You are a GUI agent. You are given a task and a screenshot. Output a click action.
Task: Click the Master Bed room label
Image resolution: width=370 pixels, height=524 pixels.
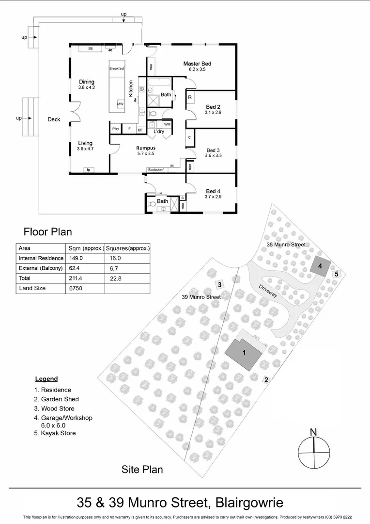coord(197,64)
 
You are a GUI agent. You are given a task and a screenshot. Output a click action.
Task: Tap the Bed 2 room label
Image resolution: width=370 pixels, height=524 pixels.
coord(213,107)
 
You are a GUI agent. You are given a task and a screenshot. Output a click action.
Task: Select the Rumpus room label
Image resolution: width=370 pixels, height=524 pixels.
coord(146,148)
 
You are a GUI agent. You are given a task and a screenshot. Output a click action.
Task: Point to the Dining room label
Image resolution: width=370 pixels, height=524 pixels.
coord(87,82)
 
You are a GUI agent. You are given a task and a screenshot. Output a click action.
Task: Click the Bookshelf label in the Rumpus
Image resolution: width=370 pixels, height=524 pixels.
coord(155,170)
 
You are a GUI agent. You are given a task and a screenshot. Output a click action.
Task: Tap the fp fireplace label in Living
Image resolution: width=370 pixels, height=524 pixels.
coord(89,170)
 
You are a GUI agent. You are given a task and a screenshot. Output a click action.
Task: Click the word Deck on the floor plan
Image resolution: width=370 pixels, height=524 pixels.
coord(54,119)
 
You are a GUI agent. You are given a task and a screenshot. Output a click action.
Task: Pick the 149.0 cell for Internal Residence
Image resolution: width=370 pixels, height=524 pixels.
coord(76,259)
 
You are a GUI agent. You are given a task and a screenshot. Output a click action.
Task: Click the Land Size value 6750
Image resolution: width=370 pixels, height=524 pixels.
coord(77,288)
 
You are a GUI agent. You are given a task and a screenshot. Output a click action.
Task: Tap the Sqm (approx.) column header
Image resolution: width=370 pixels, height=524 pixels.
coord(86,248)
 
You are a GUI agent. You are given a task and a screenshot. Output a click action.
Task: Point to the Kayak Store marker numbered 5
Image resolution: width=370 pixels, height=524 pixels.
coord(337,274)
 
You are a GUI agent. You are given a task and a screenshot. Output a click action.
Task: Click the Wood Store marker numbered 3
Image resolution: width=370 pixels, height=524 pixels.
coord(219,285)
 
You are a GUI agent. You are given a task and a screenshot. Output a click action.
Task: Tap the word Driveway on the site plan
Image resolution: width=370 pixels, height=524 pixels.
coord(267,294)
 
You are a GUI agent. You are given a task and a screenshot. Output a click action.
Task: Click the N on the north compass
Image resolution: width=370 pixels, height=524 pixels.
coord(313,432)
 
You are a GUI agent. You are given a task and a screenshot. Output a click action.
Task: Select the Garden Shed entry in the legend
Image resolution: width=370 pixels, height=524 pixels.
coord(56,399)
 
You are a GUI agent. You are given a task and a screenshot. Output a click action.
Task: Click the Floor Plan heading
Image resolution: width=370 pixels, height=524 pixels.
coord(48,231)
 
